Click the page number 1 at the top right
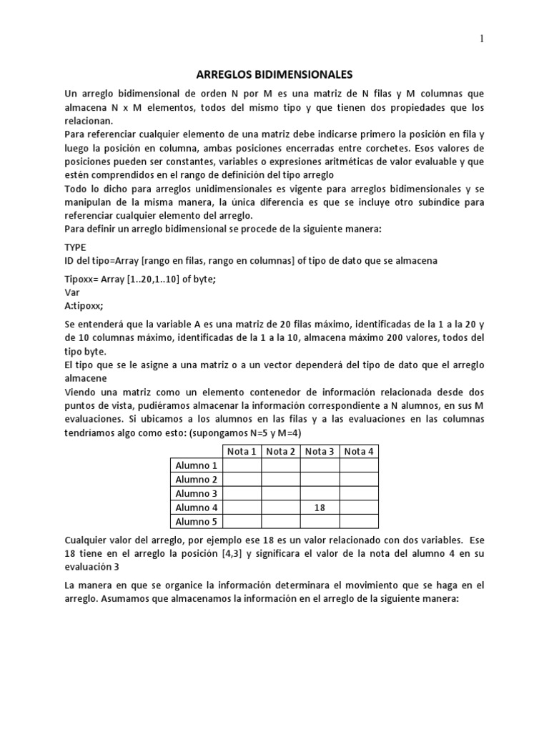[x=481, y=39]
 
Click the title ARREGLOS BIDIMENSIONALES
[x=274, y=74]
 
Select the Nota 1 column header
[x=242, y=451]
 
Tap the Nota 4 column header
[x=359, y=451]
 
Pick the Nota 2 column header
[x=280, y=451]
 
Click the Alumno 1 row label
[x=197, y=465]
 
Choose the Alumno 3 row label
[x=197, y=493]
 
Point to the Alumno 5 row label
[x=197, y=521]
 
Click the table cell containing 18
[x=320, y=508]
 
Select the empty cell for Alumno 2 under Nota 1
[x=242, y=480]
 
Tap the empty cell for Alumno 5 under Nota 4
[x=359, y=521]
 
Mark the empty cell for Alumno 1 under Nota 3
[x=320, y=465]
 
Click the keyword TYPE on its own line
[x=75, y=247]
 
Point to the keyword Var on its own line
[x=71, y=292]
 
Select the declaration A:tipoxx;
[x=84, y=306]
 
